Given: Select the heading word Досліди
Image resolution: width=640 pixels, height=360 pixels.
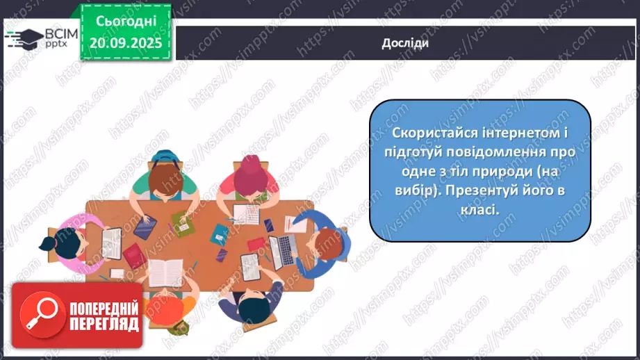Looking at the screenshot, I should (405, 43).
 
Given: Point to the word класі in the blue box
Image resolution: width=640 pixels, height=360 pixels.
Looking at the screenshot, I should (482, 208).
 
